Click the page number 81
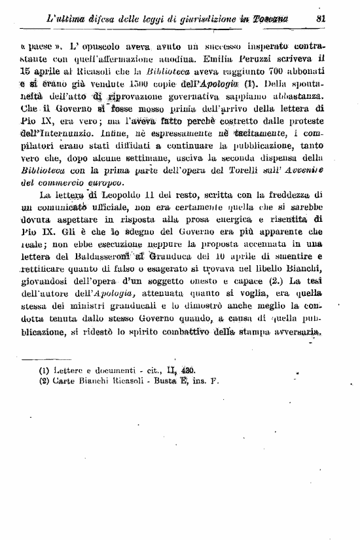coord(321,19)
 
